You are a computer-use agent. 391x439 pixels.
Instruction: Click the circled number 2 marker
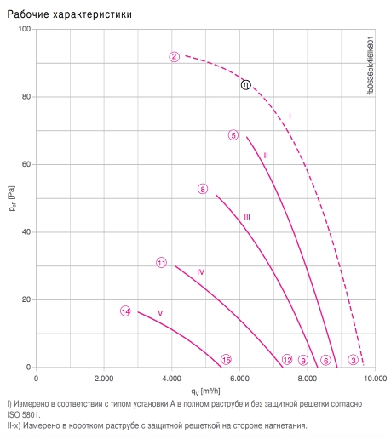click(175, 57)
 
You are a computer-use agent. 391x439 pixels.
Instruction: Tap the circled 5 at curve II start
click(233, 135)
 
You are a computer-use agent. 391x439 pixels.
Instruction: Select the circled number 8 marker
click(203, 189)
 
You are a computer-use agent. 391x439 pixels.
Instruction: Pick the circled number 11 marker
click(162, 263)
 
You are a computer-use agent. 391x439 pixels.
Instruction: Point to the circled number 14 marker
click(125, 311)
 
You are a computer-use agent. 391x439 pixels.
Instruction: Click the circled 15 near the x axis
click(226, 360)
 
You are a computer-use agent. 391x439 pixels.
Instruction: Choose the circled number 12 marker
click(287, 360)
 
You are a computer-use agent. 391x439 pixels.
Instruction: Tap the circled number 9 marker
click(303, 360)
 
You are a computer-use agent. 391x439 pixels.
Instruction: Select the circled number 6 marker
click(325, 360)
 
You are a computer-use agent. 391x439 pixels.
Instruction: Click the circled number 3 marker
click(354, 360)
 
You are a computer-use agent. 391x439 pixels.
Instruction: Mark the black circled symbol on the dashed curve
click(246, 85)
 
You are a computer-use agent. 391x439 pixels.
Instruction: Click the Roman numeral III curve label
click(247, 217)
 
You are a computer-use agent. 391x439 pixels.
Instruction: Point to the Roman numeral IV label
click(201, 272)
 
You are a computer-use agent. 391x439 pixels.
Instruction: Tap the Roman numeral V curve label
click(160, 313)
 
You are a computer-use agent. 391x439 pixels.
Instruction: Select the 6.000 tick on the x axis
click(239, 379)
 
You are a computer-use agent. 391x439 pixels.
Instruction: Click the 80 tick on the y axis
click(26, 97)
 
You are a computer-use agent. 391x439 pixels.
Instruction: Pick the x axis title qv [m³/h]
click(205, 391)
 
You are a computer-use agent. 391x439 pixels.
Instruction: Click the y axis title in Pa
click(12, 198)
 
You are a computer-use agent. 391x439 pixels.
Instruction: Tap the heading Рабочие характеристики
click(70, 14)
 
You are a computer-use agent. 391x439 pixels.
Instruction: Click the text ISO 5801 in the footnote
click(23, 414)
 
